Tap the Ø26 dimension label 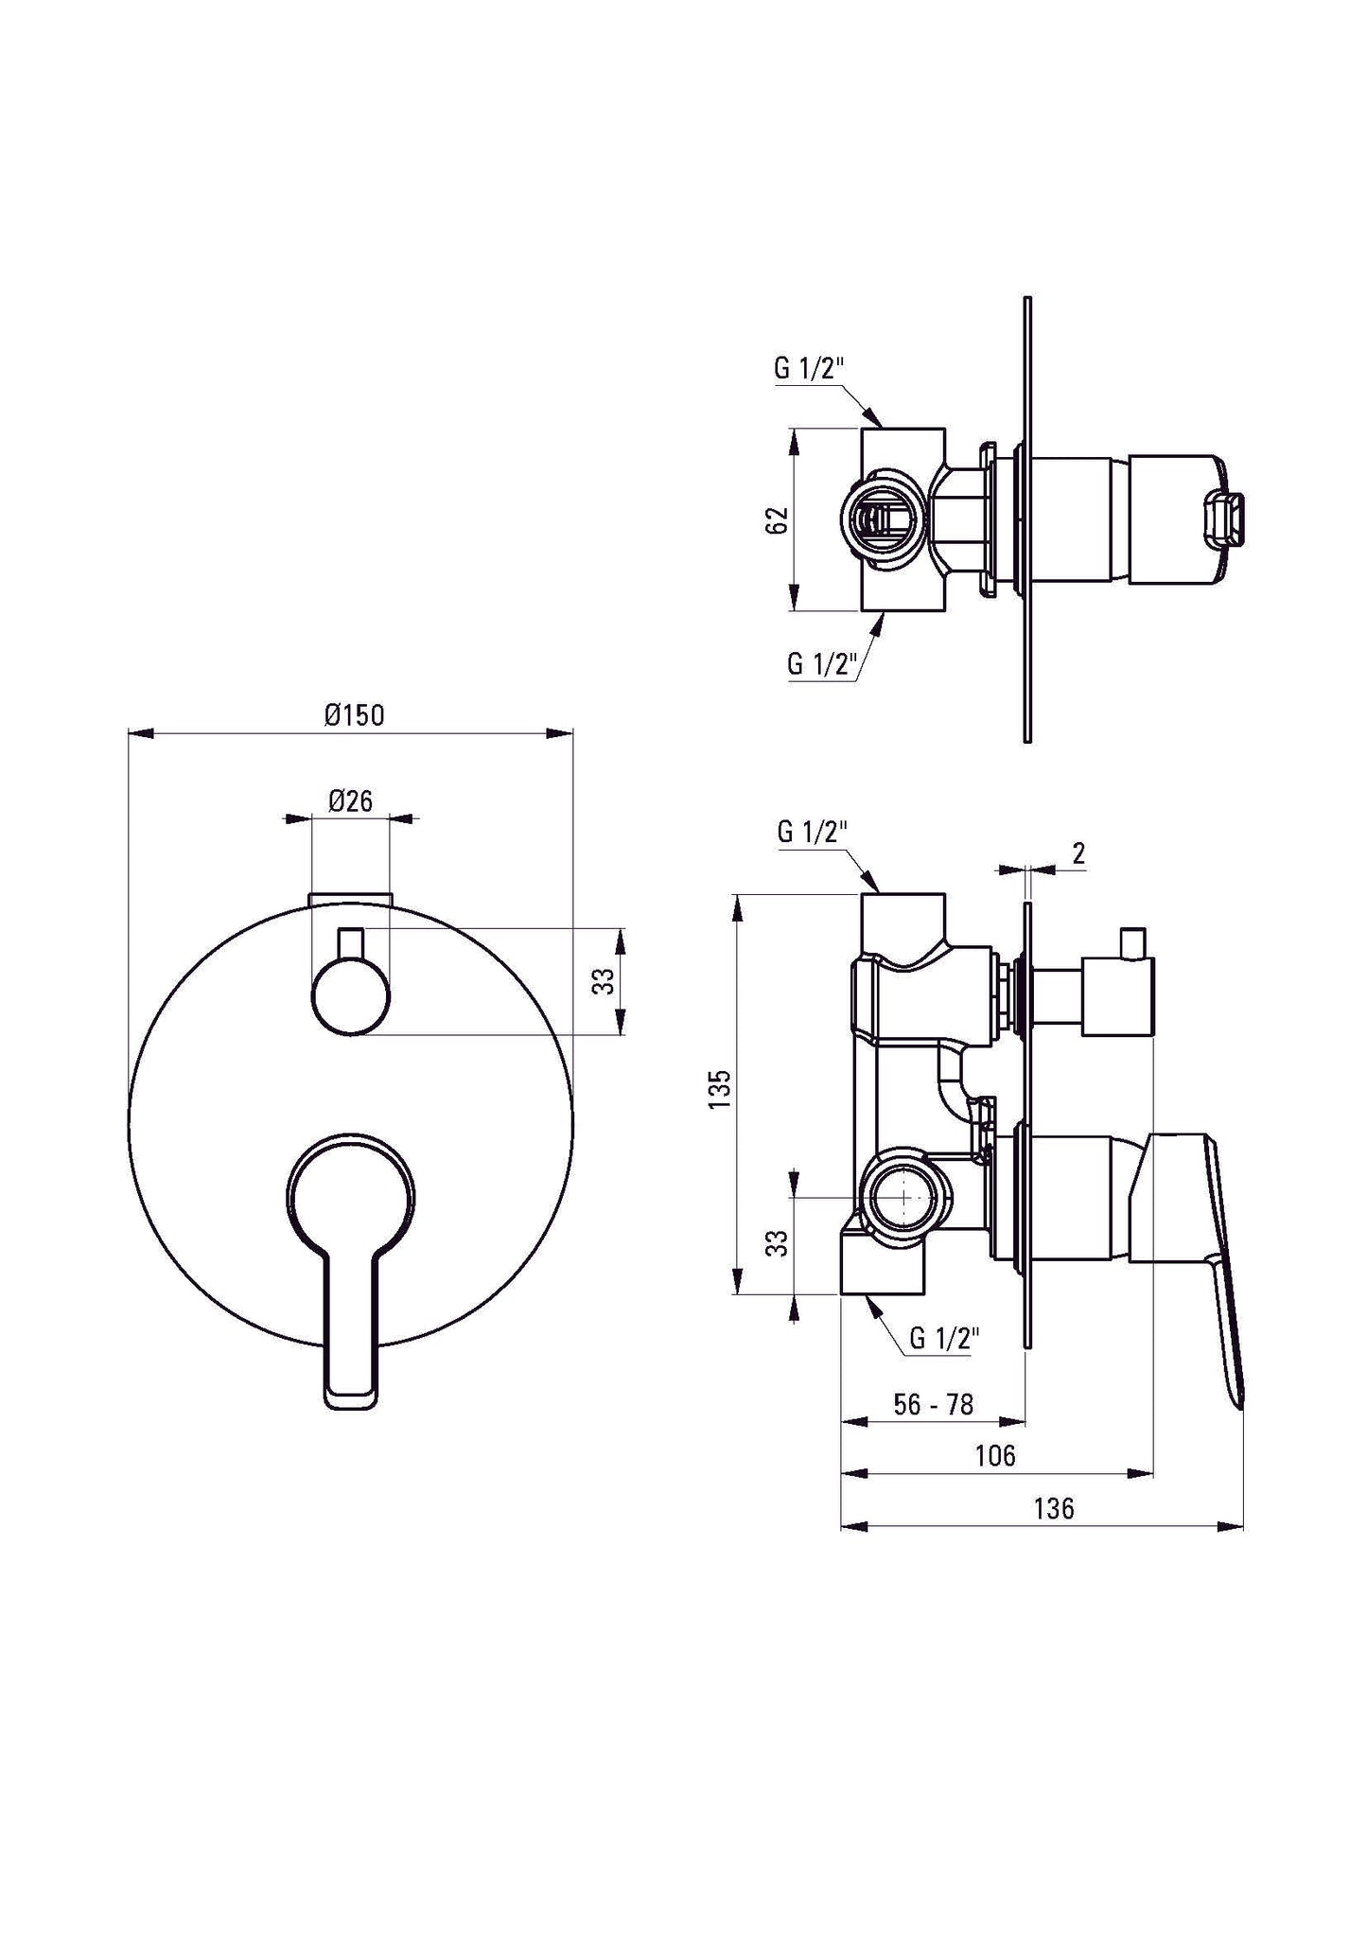point(350,801)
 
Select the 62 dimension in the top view point(776,520)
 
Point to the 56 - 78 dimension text point(933,1405)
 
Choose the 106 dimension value point(994,1455)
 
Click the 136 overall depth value point(1053,1508)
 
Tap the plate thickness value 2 point(1078,854)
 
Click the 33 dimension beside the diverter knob point(604,981)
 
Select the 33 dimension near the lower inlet point(776,1242)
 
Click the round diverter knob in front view point(350,995)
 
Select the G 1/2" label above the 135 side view point(811,833)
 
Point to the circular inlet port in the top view point(879,520)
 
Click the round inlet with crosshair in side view point(903,1198)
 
